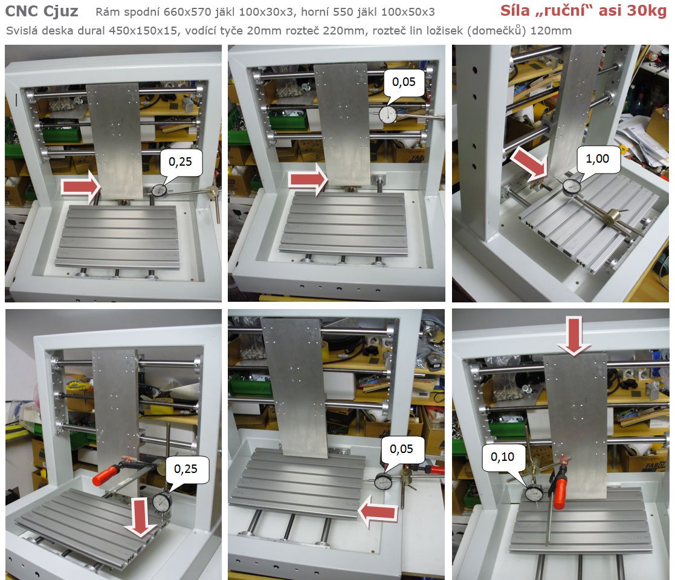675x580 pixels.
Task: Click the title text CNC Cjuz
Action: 42,11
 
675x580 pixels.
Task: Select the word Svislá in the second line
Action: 19,31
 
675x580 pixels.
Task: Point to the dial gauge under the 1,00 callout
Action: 572,187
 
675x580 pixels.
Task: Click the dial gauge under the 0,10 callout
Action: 534,494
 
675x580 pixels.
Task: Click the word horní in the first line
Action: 315,12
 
